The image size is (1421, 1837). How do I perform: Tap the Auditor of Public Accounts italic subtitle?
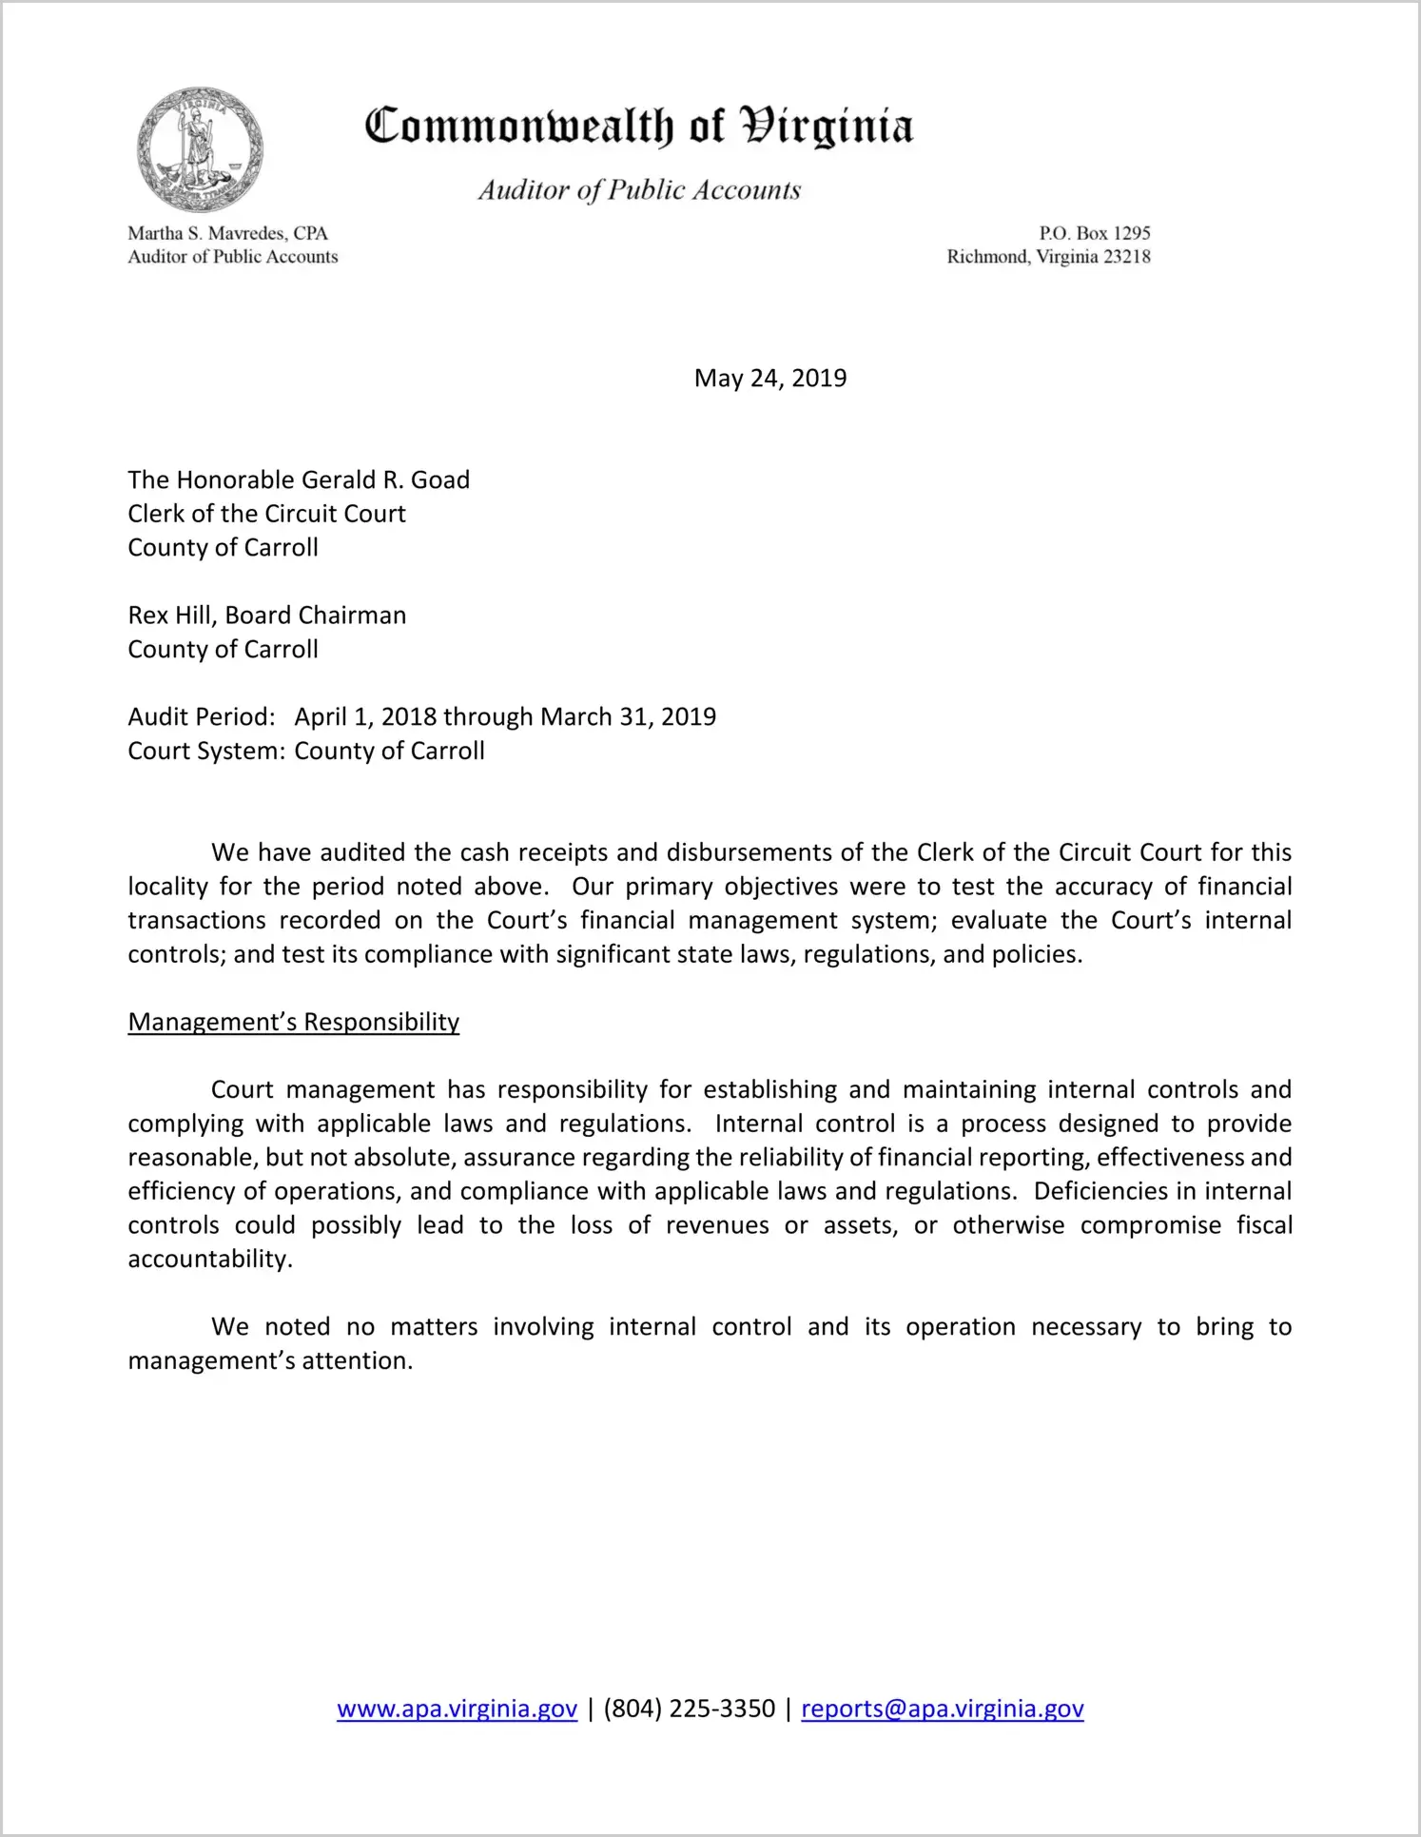(x=639, y=190)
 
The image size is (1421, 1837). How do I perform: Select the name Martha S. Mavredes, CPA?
(x=228, y=233)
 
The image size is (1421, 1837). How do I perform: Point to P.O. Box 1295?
(x=1094, y=233)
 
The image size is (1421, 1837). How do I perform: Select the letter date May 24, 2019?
(x=770, y=379)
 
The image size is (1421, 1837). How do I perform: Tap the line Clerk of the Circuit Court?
(x=267, y=514)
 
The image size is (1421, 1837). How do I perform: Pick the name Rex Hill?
(x=170, y=616)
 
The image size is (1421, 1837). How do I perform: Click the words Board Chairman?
(x=316, y=616)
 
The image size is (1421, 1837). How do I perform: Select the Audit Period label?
(x=202, y=716)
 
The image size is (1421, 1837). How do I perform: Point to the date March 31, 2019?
(x=628, y=716)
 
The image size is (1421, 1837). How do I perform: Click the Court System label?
(x=206, y=751)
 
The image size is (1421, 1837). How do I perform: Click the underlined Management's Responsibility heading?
(x=294, y=1022)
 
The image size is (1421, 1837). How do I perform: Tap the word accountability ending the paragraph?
(x=208, y=1259)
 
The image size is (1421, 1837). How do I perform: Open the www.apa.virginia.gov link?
(x=457, y=1709)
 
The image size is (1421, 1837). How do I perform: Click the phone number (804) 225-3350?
(x=689, y=1709)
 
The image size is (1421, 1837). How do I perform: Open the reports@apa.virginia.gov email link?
(x=943, y=1709)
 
